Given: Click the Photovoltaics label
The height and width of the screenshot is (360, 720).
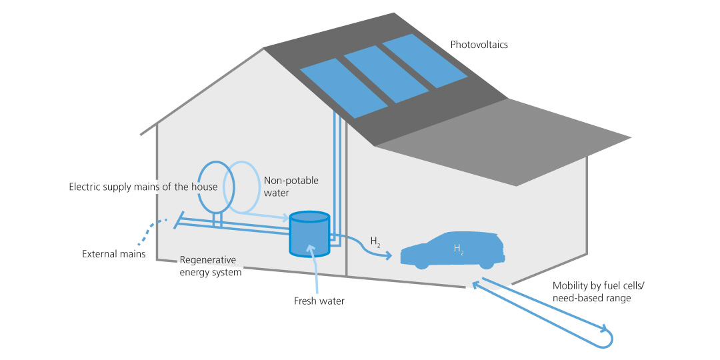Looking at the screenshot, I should [x=479, y=45].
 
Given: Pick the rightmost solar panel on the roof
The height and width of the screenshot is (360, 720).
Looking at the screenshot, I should [x=424, y=61].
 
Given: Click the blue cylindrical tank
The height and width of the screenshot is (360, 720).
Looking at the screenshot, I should [x=309, y=235].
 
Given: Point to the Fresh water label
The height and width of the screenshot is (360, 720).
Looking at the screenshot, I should [x=319, y=301].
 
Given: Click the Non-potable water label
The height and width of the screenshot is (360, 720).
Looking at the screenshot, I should [x=291, y=187].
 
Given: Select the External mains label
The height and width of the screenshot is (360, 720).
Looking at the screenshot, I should [x=113, y=254].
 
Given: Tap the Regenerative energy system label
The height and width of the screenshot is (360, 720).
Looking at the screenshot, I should [x=210, y=266].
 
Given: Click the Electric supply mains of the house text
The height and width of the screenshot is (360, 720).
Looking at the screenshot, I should [x=143, y=187].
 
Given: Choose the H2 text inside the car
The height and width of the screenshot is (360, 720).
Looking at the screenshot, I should [x=459, y=249].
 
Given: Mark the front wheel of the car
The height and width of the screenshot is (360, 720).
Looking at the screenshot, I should [x=421, y=263].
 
